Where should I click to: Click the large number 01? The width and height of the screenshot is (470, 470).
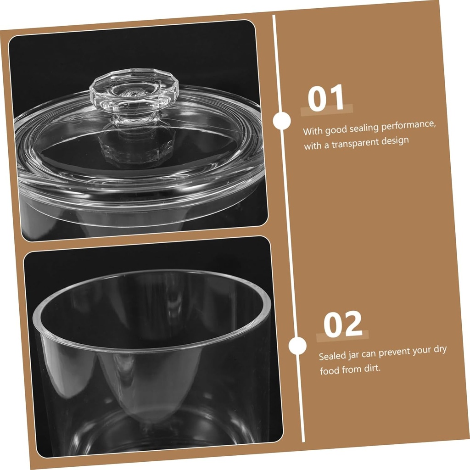[x=326, y=98]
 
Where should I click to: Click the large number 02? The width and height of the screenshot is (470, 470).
[x=343, y=324]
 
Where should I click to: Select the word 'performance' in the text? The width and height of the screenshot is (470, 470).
[x=408, y=126]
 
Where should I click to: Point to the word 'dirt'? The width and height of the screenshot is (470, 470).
[x=372, y=369]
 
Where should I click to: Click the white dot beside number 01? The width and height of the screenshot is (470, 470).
[x=282, y=121]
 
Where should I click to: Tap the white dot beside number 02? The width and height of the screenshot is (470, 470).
[x=297, y=345]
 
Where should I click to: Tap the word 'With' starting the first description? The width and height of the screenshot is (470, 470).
[x=313, y=131]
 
